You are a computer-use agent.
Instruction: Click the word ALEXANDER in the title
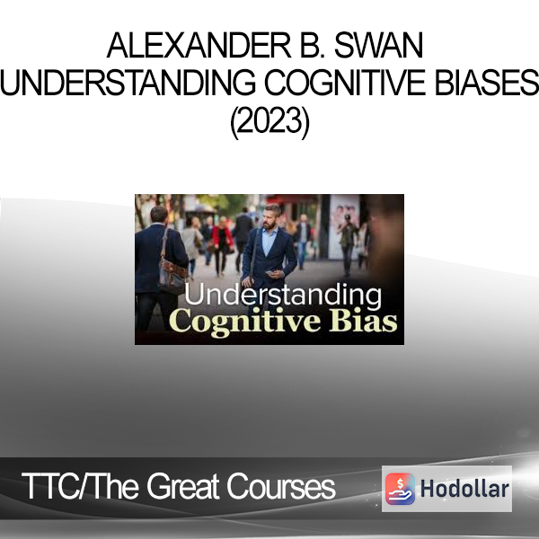pyautogui.click(x=199, y=46)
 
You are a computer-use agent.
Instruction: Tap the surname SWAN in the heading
pyautogui.click(x=378, y=46)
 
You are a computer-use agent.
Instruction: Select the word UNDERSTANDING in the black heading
pyautogui.click(x=128, y=83)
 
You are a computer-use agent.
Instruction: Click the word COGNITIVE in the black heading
pyautogui.click(x=345, y=83)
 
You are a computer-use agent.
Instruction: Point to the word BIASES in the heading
pyautogui.click(x=486, y=83)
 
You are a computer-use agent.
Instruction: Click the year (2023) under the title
pyautogui.click(x=269, y=122)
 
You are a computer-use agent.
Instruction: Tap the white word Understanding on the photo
pyautogui.click(x=283, y=296)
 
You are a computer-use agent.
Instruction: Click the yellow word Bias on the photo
pyautogui.click(x=363, y=321)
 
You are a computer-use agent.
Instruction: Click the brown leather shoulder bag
pyautogui.click(x=172, y=275)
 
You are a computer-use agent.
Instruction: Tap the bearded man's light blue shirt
pyautogui.click(x=269, y=242)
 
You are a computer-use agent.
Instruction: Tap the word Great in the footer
pyautogui.click(x=183, y=486)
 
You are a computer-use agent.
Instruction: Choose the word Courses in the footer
pyautogui.click(x=281, y=486)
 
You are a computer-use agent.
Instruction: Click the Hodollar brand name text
pyautogui.click(x=464, y=489)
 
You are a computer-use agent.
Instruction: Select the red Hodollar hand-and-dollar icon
pyautogui.click(x=400, y=489)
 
